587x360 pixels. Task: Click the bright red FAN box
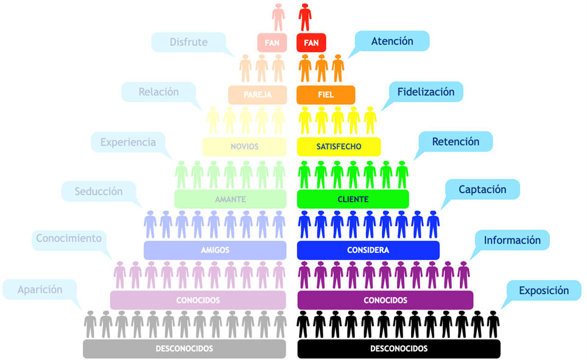311,43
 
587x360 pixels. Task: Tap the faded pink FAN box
272,43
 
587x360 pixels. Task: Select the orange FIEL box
326,95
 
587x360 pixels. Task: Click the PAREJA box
258,95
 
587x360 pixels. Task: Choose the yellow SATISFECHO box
339,146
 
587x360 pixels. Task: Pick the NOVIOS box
244,146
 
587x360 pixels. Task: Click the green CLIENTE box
353,199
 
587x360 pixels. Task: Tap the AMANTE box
230,199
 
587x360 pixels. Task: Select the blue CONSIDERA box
368,250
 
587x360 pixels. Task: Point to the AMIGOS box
215,250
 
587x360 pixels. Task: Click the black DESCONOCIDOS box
399,349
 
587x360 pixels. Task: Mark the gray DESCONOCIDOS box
184,349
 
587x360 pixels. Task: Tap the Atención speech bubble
392,41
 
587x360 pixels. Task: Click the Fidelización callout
426,92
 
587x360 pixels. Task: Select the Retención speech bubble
455,141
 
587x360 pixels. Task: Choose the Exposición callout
544,291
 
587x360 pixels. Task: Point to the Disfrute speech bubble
189,42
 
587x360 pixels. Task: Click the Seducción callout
99,191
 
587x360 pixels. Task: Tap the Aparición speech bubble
40,289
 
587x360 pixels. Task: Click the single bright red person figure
305,17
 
